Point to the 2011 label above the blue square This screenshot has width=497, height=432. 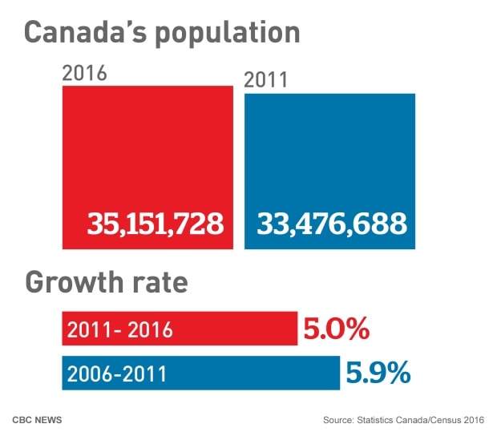click(x=265, y=80)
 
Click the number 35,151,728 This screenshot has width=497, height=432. click(x=156, y=224)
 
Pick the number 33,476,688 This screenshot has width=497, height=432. click(x=331, y=224)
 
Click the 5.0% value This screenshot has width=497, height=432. click(x=335, y=329)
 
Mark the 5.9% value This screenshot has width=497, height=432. click(x=378, y=373)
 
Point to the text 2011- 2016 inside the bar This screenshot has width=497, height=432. click(x=120, y=329)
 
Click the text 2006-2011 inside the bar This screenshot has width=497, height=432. click(x=118, y=373)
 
